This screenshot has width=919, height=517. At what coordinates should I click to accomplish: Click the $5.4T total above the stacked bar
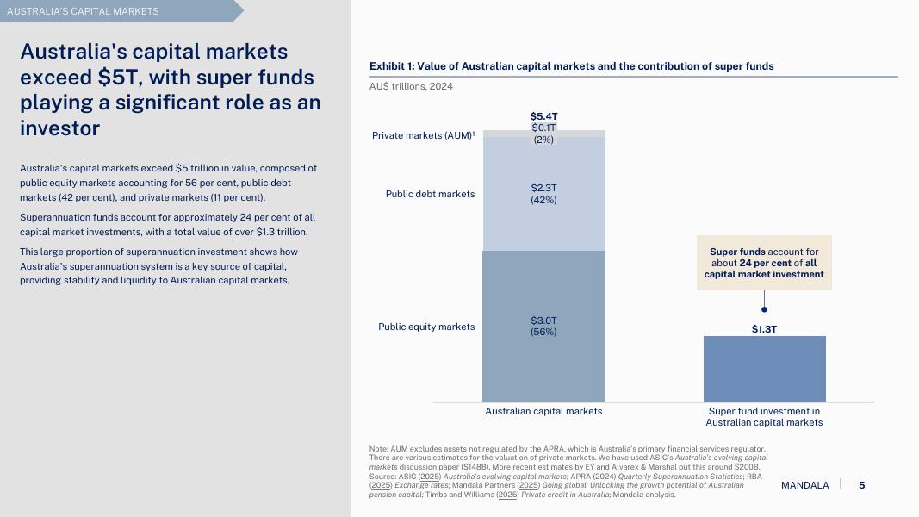pyautogui.click(x=543, y=116)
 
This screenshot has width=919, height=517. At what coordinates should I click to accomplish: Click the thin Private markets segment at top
pyautogui.click(x=586, y=134)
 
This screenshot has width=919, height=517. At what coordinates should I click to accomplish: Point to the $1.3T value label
pyautogui.click(x=764, y=329)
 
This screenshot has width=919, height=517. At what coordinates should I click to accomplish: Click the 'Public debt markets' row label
pyautogui.click(x=430, y=194)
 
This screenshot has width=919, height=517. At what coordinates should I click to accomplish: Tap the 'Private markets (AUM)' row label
pyautogui.click(x=423, y=135)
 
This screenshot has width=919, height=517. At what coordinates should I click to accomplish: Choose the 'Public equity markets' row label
pyautogui.click(x=426, y=327)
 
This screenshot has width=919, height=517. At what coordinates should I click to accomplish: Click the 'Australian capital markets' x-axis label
pyautogui.click(x=543, y=411)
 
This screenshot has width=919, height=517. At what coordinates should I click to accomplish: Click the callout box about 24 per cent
pyautogui.click(x=764, y=263)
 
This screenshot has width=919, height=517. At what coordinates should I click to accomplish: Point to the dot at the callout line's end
pyautogui.click(x=764, y=309)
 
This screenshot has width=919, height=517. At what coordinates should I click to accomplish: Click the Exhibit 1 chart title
pyautogui.click(x=571, y=66)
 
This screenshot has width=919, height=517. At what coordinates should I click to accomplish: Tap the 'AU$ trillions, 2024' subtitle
pyautogui.click(x=411, y=86)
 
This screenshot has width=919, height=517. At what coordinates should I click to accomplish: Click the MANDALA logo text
pyautogui.click(x=804, y=485)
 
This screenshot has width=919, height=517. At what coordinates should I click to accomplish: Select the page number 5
pyautogui.click(x=861, y=485)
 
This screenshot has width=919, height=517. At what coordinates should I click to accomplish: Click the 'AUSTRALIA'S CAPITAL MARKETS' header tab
pyautogui.click(x=84, y=11)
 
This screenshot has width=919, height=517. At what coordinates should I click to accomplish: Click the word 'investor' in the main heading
pyautogui.click(x=59, y=128)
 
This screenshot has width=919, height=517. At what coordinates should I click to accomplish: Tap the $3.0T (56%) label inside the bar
pyautogui.click(x=543, y=326)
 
